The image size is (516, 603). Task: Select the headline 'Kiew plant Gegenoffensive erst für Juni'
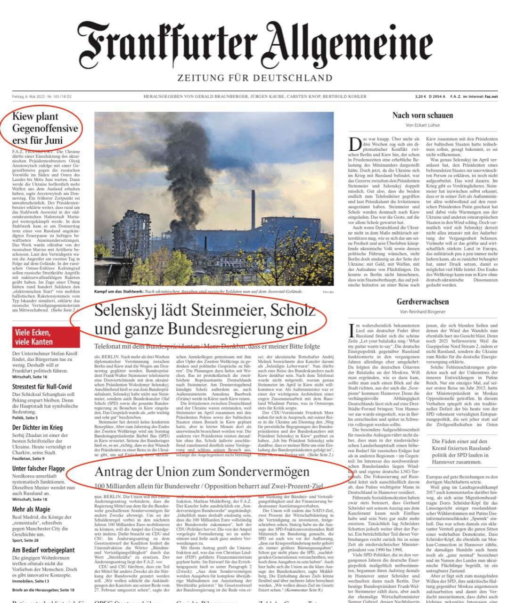click(x=45, y=128)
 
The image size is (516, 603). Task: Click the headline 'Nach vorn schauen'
click(x=423, y=115)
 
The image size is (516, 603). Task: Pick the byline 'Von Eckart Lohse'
click(x=423, y=125)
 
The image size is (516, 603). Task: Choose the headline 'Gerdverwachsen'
click(x=423, y=302)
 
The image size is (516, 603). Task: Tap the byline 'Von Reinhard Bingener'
click(x=423, y=312)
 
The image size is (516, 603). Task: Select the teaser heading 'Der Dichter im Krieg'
click(x=37, y=427)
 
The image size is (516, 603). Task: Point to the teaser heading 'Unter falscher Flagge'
click(x=39, y=468)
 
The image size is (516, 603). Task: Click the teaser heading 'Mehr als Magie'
click(x=31, y=509)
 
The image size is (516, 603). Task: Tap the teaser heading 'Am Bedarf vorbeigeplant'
click(x=43, y=550)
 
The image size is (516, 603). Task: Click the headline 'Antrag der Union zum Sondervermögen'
click(x=203, y=472)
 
